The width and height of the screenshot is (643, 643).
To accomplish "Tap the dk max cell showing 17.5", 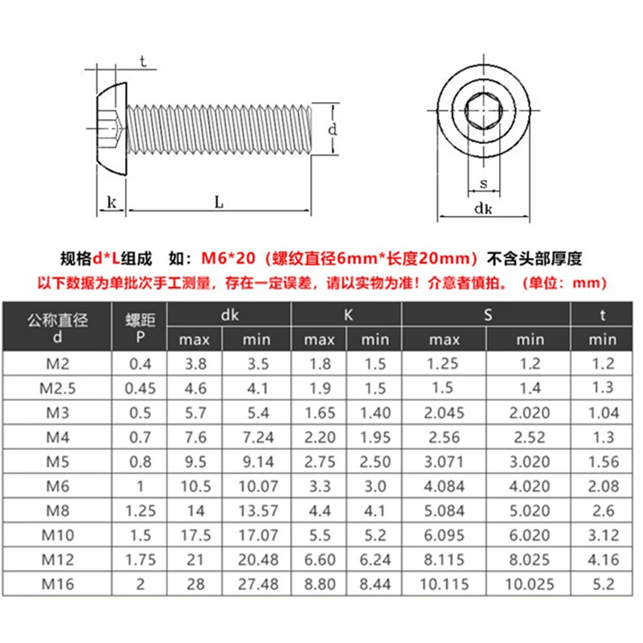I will pos(194,534).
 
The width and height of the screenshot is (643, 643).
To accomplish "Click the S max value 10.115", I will pos(455,584).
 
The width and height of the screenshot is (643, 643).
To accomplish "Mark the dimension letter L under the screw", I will pos(219,203).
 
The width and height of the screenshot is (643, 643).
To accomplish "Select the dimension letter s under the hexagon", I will pos(483,183).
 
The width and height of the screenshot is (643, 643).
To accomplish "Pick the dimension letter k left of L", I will pos(110,203).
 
